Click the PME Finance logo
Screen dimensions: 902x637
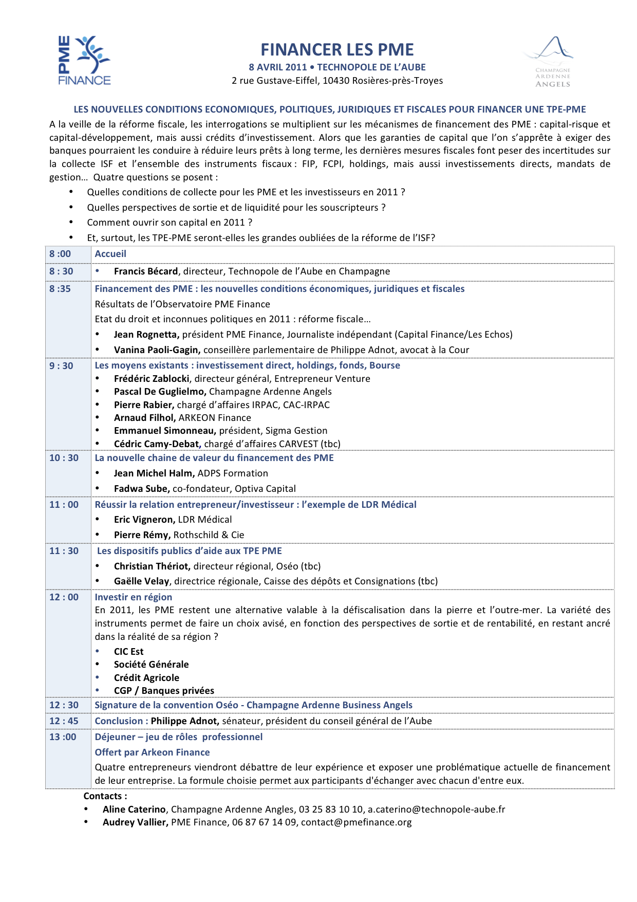click(x=84, y=60)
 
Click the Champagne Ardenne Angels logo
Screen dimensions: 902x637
click(x=550, y=62)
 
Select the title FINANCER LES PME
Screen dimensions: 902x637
click(x=337, y=49)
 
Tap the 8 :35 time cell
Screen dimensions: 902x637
click(x=60, y=289)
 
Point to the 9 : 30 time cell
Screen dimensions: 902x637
click(x=61, y=366)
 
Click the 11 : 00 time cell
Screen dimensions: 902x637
click(x=64, y=505)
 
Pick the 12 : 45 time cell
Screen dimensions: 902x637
click(x=64, y=721)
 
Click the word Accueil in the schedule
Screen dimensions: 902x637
click(x=110, y=254)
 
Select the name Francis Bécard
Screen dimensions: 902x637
click(x=146, y=271)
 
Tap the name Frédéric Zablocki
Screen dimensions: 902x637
click(x=152, y=379)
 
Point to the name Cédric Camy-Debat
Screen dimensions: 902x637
click(x=157, y=444)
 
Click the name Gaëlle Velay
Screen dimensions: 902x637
click(x=141, y=581)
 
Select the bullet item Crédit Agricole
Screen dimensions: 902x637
click(x=146, y=678)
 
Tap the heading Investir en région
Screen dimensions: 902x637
click(x=134, y=597)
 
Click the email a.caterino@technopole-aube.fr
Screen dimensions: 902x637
click(x=436, y=809)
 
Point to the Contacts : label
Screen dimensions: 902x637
click(x=105, y=796)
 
